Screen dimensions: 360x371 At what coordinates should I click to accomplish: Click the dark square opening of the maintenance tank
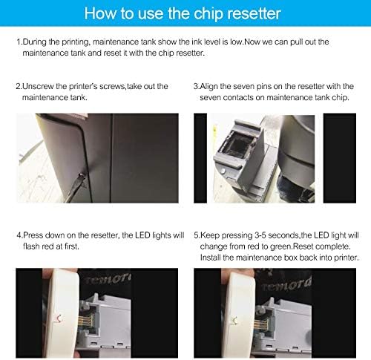pos(237,140)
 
